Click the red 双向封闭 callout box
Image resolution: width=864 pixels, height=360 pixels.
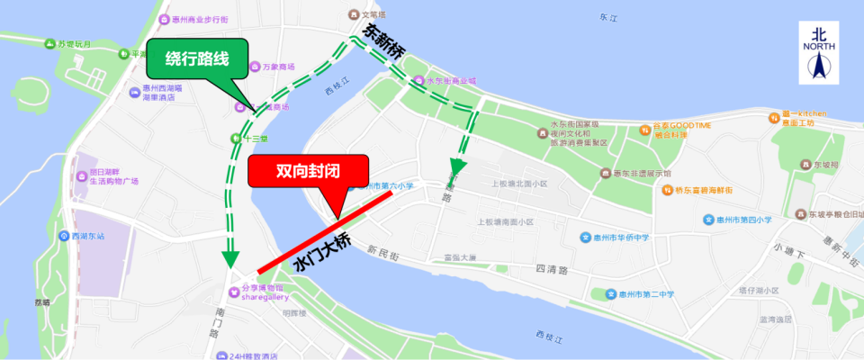click(309, 171)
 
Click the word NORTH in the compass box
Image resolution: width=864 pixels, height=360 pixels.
click(819, 45)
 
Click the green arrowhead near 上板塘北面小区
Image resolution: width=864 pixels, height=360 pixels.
click(457, 166)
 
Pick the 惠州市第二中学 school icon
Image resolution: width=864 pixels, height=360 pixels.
click(610, 294)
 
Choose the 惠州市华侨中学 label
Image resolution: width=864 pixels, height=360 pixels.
click(622, 239)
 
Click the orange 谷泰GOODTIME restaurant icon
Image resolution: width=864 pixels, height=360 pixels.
click(644, 129)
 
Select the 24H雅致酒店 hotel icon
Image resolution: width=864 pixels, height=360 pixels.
click(221, 356)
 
